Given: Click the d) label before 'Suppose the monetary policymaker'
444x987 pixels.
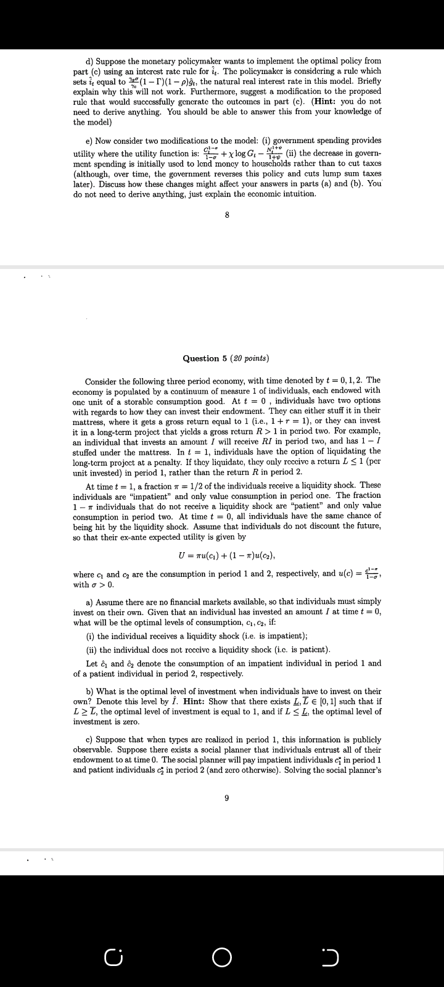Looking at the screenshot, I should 89,61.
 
